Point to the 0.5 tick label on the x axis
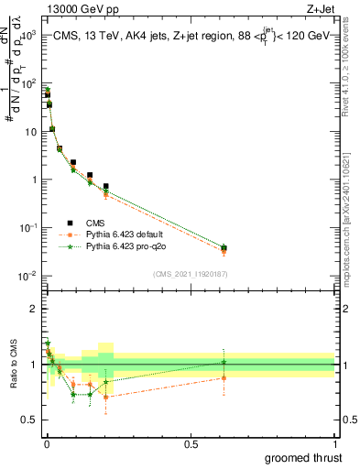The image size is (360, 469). tap(191, 443)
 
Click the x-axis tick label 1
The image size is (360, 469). tap(334, 443)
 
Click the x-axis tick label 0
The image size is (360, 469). tap(46, 443)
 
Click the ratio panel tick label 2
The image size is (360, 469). tap(34, 309)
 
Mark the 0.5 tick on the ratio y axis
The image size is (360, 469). tap(30, 421)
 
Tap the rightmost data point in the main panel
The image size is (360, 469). tap(224, 248)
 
